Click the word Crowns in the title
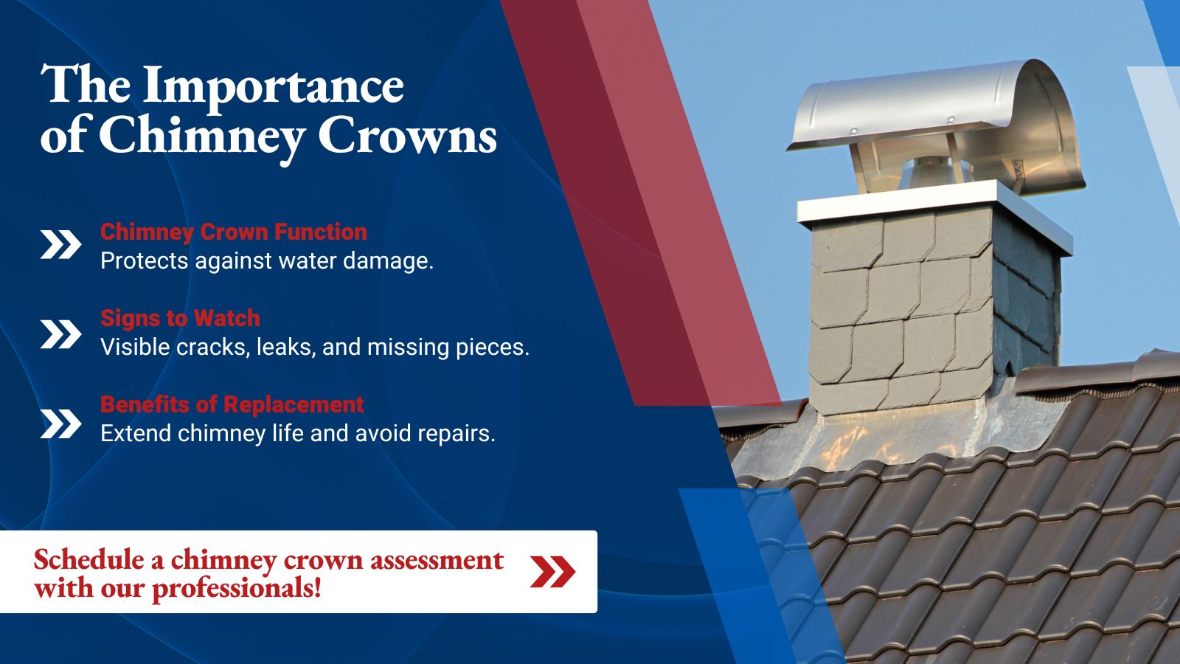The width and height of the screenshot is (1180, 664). (x=407, y=135)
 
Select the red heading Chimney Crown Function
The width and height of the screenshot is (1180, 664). (x=233, y=232)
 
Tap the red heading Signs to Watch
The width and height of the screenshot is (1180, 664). (x=180, y=318)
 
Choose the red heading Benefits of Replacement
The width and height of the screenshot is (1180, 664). (x=232, y=404)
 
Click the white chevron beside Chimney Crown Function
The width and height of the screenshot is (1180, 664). (x=60, y=245)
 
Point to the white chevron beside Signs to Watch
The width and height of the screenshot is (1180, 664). (x=60, y=334)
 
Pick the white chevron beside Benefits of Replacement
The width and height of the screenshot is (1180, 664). (x=60, y=423)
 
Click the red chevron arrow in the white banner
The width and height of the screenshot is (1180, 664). (x=552, y=571)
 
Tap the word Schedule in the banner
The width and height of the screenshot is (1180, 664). (x=89, y=559)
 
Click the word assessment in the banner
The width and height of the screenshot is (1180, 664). (x=437, y=560)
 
